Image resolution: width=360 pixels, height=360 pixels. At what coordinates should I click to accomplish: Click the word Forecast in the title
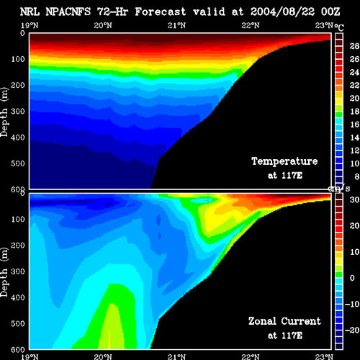pyautogui.click(x=161, y=12)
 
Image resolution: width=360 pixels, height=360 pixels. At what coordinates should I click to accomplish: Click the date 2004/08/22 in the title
pyautogui.click(x=282, y=12)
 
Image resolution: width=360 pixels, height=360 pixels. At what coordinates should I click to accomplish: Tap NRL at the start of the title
pyautogui.click(x=30, y=12)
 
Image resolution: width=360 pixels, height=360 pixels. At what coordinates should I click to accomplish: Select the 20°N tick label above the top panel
pyautogui.click(x=103, y=25)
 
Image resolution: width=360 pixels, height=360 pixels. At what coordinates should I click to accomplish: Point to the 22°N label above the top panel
pyautogui.click(x=251, y=25)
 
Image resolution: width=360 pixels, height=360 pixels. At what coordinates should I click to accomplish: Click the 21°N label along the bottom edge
pyautogui.click(x=176, y=356)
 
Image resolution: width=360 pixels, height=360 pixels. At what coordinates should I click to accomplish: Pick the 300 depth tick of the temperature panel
pyautogui.click(x=18, y=111)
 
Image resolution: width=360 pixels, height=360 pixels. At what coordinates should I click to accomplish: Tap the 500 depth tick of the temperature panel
pyautogui.click(x=18, y=163)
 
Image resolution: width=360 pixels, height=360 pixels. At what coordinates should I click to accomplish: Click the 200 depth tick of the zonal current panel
pyautogui.click(x=18, y=246)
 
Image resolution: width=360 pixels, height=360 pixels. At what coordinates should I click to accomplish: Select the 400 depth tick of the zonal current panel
pyautogui.click(x=18, y=297)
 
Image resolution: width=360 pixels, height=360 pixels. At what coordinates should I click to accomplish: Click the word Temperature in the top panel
pyautogui.click(x=284, y=161)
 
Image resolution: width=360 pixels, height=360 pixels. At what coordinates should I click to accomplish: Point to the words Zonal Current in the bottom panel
pyautogui.click(x=284, y=321)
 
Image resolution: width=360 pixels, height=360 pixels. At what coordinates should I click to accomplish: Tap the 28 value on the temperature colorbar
pyautogui.click(x=354, y=46)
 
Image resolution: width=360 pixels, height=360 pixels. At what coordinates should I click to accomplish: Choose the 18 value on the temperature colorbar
pyautogui.click(x=354, y=112)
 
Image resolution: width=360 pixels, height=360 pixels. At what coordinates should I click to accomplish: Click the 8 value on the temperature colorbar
pyautogui.click(x=356, y=176)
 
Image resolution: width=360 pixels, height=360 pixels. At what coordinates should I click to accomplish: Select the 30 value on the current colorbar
pyautogui.click(x=354, y=199)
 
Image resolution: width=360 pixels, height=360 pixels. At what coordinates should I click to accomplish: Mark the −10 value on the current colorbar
pyautogui.click(x=352, y=304)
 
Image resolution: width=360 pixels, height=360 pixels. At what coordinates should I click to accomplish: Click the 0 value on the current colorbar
pyautogui.click(x=352, y=278)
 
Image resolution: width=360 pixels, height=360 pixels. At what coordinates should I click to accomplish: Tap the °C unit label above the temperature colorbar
pyautogui.click(x=339, y=27)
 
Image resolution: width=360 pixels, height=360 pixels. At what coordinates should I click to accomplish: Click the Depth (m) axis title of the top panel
pyautogui.click(x=4, y=112)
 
